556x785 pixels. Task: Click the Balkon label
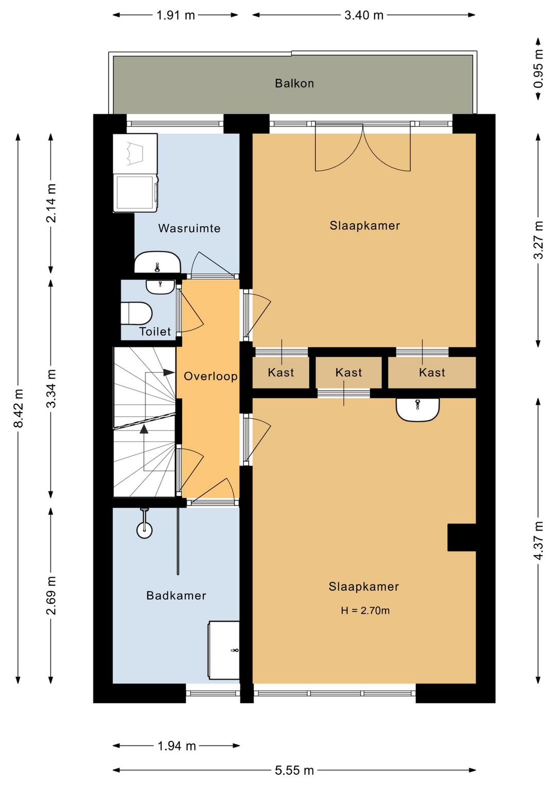(x=294, y=83)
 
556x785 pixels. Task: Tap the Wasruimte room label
(x=189, y=228)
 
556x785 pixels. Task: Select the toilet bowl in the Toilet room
(x=137, y=313)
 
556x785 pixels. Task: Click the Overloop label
(x=211, y=376)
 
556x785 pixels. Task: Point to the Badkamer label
(x=176, y=596)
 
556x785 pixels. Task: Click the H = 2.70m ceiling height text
(x=365, y=611)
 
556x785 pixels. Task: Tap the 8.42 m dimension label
(x=19, y=408)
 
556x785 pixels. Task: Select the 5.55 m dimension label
(x=294, y=770)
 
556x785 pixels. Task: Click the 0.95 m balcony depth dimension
(x=538, y=68)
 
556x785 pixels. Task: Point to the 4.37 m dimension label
(x=538, y=541)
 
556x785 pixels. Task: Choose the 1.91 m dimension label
(x=176, y=15)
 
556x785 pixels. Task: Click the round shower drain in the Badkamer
(x=144, y=529)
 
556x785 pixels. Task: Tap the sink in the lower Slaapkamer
(x=418, y=409)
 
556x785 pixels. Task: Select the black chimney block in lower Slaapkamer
(x=461, y=538)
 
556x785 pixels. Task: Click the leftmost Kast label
(x=281, y=372)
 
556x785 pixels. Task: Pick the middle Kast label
(x=349, y=372)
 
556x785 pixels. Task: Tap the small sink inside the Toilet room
(x=160, y=286)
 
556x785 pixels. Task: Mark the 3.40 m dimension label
(x=364, y=15)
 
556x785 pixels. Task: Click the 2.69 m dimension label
(x=51, y=596)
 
